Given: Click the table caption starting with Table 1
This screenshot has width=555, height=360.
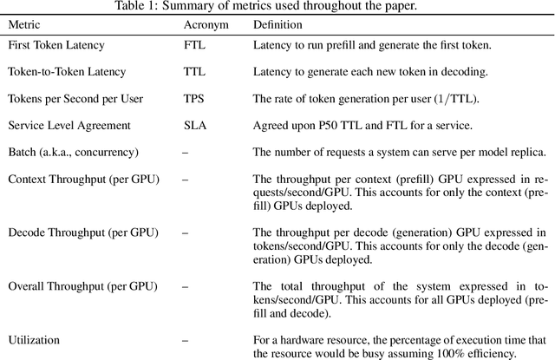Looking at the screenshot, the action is point(277,8).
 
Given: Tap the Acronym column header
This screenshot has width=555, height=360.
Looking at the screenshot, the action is point(206,25).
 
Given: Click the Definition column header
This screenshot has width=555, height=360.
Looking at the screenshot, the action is point(279,25).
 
